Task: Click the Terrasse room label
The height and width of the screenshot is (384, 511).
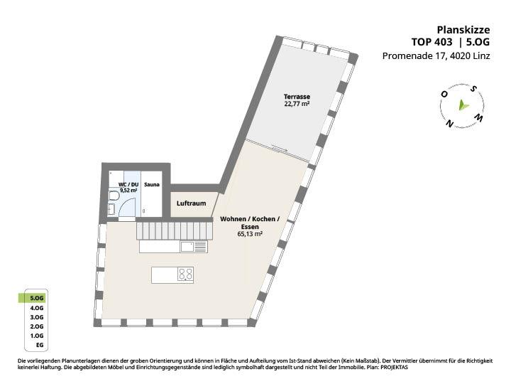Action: (x=297, y=97)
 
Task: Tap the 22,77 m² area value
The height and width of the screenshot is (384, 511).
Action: (x=297, y=104)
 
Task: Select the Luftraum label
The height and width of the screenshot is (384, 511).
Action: (x=192, y=203)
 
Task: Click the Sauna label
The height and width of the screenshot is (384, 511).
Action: (x=152, y=184)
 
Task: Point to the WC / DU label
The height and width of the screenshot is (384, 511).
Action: (x=128, y=184)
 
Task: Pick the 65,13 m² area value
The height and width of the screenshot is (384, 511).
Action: (x=250, y=234)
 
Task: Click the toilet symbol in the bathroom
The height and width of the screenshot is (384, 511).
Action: (x=113, y=196)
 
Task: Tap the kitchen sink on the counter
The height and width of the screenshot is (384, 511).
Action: (x=187, y=247)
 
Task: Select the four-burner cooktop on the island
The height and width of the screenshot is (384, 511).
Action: (x=185, y=274)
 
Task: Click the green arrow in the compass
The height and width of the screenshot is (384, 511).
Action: (x=463, y=105)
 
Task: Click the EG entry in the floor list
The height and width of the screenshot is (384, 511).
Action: (x=40, y=345)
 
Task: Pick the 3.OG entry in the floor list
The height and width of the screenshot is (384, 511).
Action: (x=36, y=317)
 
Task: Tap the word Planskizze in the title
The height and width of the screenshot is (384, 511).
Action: (x=463, y=30)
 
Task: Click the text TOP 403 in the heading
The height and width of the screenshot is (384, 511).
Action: (x=432, y=42)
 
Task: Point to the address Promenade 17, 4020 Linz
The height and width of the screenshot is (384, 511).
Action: (x=436, y=56)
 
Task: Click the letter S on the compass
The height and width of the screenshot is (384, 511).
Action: (x=474, y=88)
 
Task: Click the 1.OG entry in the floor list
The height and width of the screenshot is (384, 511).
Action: (x=36, y=336)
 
